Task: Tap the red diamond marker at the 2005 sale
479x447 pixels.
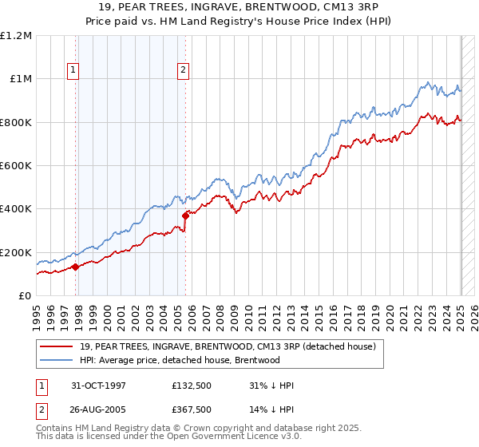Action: coord(185,215)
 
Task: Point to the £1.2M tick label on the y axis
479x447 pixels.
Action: coord(16,36)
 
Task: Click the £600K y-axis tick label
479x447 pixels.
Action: coord(16,166)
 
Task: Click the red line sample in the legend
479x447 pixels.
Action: coord(57,345)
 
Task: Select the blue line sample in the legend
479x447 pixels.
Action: coord(57,359)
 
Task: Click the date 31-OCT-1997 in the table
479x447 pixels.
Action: coord(99,386)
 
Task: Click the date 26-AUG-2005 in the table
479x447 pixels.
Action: coord(99,409)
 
